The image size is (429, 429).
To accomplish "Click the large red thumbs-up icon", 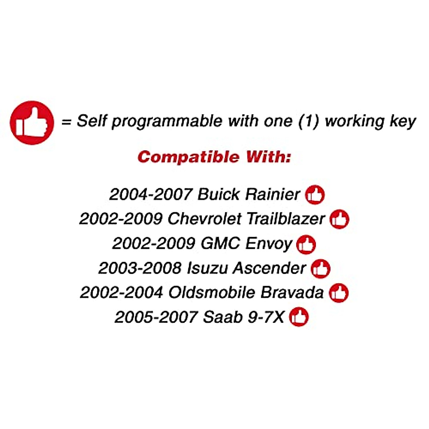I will pos(32,123).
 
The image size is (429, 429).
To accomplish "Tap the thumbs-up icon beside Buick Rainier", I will pos(315,195).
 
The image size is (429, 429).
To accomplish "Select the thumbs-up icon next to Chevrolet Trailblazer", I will pos(339,219).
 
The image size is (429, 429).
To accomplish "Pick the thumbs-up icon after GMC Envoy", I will pos(306,245).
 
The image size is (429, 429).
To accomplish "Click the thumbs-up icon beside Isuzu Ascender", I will pos(321,268).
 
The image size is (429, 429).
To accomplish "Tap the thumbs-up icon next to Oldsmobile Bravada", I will pos(339,293).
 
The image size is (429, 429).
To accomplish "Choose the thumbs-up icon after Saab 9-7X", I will pos(299,317).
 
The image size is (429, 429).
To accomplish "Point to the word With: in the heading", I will pos(268,157).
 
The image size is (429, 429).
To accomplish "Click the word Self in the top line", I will pos(92,121).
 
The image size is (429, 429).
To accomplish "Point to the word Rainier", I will pos(272,194).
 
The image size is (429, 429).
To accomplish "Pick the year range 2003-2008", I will pos(140,268).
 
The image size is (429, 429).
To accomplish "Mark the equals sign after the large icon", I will pos(66,122).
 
